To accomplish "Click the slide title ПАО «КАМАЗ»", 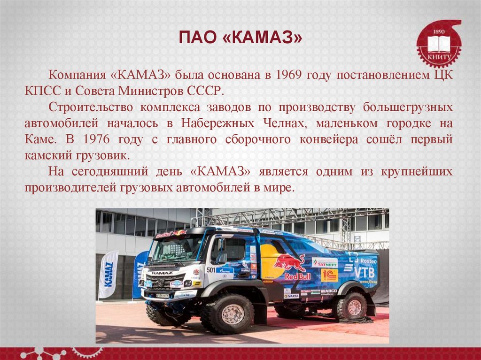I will click(x=240, y=38).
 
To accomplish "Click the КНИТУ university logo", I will click(x=439, y=44).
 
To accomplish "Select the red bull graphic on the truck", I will click(x=289, y=263).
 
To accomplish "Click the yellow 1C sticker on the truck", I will click(x=329, y=275).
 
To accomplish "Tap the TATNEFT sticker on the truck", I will click(x=325, y=263).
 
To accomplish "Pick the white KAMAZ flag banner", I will click(x=109, y=275).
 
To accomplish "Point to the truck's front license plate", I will click(x=163, y=296).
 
